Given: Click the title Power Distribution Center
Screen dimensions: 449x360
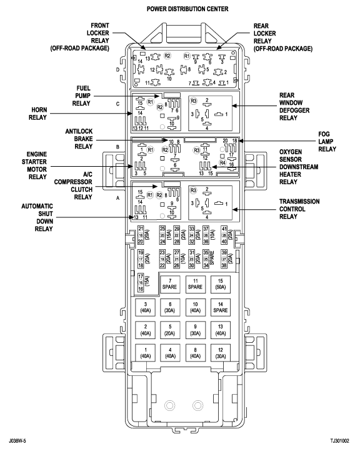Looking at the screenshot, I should pyautogui.click(x=179, y=9).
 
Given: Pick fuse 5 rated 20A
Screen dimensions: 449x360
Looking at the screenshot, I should pyautogui.click(x=170, y=330).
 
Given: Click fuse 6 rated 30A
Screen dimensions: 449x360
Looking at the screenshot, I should pyautogui.click(x=170, y=308).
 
